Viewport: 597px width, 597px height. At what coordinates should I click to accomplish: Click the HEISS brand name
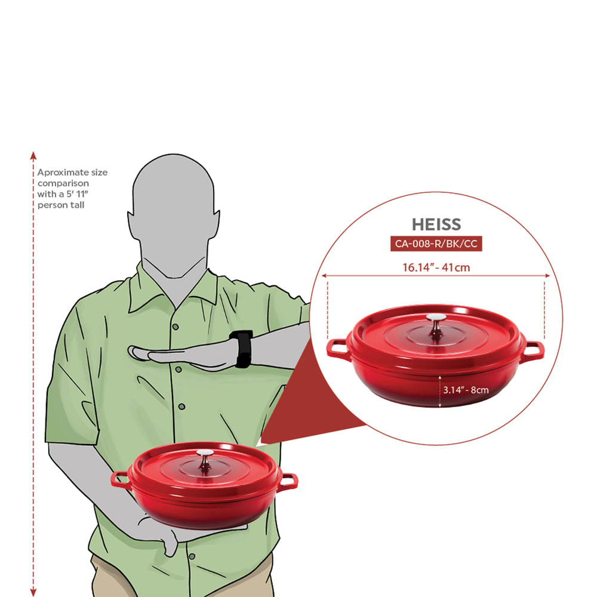[x=436, y=224]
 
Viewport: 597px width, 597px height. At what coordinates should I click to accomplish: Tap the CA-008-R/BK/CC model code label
[x=436, y=244]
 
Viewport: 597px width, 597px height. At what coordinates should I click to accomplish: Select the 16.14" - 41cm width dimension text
[x=436, y=267]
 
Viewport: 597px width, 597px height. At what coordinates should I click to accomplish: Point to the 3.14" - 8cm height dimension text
[x=466, y=390]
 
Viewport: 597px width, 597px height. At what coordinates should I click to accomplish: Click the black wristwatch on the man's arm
[x=241, y=349]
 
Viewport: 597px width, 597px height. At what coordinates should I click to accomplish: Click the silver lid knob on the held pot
[x=205, y=461]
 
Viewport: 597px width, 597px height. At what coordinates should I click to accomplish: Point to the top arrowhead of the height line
[x=33, y=155]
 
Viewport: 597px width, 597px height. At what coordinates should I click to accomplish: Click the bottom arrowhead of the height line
[x=33, y=592]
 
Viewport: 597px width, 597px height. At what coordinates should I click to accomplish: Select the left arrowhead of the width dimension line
[x=324, y=276]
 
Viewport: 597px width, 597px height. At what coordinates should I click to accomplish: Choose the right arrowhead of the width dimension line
[x=547, y=276]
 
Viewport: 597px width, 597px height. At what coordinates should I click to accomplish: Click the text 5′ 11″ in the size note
[x=77, y=194]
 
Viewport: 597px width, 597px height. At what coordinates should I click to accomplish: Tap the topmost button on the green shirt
[x=176, y=327]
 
